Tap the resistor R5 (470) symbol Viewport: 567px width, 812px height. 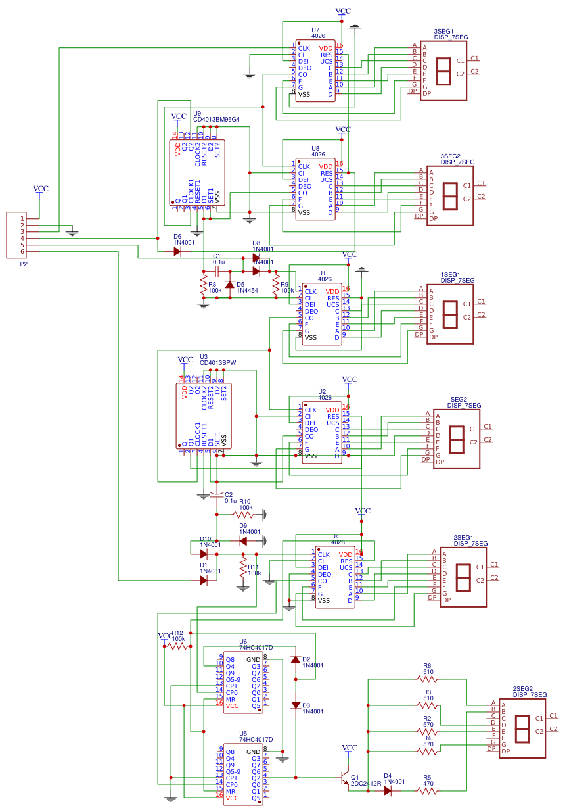point(427,791)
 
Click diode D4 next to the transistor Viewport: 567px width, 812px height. point(388,791)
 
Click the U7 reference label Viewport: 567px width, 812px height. point(315,30)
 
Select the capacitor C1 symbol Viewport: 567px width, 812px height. point(217,271)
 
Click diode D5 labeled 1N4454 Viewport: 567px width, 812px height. point(229,285)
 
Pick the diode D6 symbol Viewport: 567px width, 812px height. point(177,251)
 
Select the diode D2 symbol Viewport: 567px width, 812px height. point(296,659)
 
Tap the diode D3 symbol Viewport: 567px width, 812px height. point(296,705)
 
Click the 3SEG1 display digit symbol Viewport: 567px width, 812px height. point(443,71)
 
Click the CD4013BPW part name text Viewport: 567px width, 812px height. point(217,362)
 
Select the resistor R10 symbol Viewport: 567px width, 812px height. point(243,515)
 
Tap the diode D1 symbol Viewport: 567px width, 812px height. point(203,581)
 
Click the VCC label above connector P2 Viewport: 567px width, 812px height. point(41,189)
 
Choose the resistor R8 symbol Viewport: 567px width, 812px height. point(204,285)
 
